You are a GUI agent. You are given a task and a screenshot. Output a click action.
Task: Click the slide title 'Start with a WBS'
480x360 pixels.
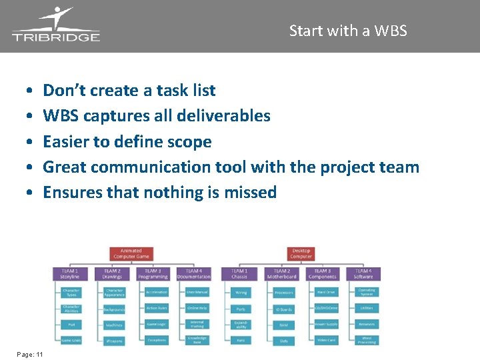[348, 31]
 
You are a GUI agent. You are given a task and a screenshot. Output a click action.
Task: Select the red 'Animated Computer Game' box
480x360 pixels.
[131, 255]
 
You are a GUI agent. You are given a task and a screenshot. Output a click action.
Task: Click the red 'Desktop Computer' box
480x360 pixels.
[301, 255]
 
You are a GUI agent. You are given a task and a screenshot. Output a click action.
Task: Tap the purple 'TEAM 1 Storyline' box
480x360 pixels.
[70, 274]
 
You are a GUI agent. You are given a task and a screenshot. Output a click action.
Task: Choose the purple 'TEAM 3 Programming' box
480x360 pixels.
[153, 274]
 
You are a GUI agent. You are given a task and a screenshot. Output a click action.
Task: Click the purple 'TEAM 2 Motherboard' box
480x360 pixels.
[281, 274]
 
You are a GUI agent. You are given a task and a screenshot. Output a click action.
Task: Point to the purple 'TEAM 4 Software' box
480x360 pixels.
[363, 274]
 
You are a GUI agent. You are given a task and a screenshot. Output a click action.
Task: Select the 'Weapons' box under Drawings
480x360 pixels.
[114, 341]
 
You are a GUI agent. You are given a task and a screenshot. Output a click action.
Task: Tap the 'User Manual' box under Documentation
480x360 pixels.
[197, 292]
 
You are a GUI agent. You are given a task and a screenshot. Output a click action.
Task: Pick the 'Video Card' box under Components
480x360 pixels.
[326, 341]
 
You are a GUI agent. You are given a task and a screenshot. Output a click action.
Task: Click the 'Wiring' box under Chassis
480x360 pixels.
[241, 292]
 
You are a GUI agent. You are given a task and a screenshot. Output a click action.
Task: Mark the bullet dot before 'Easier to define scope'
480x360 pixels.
[31, 143]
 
